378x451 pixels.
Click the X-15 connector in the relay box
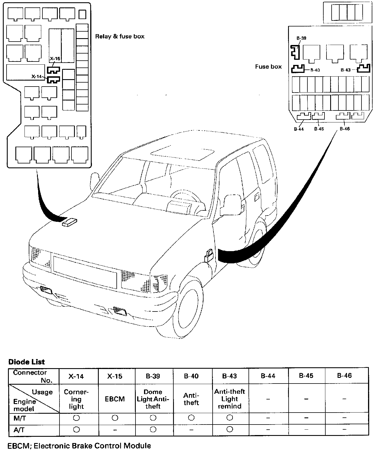coord(54,70)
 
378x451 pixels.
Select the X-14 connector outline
coord(53,80)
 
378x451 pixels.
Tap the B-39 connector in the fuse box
coord(295,52)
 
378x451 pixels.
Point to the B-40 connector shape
coord(298,69)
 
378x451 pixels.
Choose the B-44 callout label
coord(299,129)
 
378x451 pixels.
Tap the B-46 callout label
coord(345,129)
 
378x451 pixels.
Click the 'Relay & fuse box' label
coord(120,36)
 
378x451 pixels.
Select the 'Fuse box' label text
coord(268,67)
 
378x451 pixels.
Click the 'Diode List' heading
coord(26,362)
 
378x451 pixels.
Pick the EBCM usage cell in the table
coord(115,399)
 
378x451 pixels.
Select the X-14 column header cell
coord(76,376)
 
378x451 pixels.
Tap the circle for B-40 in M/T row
coord(191,418)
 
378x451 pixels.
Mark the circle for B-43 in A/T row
coord(230,429)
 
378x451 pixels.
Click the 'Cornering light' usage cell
coord(76,399)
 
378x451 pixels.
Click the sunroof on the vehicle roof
coord(183,153)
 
